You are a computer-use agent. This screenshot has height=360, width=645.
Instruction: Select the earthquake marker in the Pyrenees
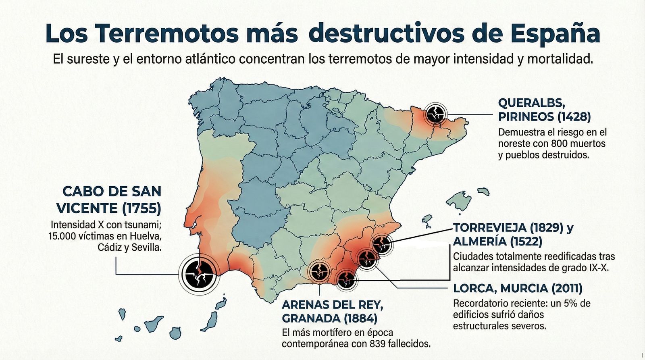tap(435, 114)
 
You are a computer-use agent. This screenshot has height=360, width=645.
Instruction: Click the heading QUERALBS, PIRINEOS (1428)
tap(544, 110)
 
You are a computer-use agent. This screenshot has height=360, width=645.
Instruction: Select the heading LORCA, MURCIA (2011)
tap(518, 288)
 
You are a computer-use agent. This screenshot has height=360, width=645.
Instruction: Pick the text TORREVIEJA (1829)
tap(508, 228)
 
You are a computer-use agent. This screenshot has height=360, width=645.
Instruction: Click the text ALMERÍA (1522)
tap(497, 241)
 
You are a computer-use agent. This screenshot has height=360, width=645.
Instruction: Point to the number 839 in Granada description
tap(377, 344)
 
